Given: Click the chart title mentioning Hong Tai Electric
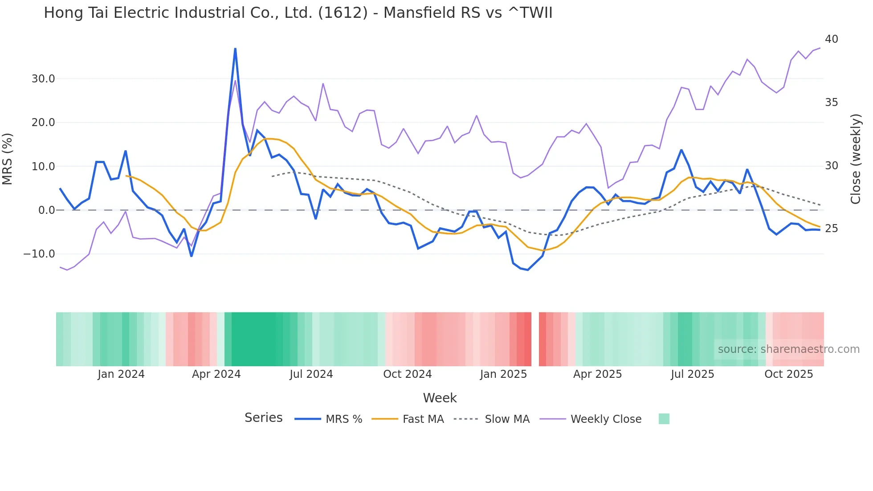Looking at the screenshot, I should pyautogui.click(x=298, y=13).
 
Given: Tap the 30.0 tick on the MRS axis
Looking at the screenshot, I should pyautogui.click(x=43, y=79).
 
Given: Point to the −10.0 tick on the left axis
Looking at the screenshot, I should pyautogui.click(x=39, y=254).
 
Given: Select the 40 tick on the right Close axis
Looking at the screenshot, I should pyautogui.click(x=831, y=39).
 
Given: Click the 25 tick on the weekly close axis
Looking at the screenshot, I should pyautogui.click(x=831, y=229).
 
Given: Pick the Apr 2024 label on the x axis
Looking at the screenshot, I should pyautogui.click(x=216, y=374).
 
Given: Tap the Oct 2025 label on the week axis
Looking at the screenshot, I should pyautogui.click(x=788, y=374).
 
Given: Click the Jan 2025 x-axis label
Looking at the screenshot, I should pyautogui.click(x=503, y=374).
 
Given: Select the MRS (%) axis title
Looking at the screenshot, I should pyautogui.click(x=8, y=159).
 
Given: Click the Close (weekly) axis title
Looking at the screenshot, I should pyautogui.click(x=855, y=159).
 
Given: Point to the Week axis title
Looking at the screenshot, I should pyautogui.click(x=440, y=398).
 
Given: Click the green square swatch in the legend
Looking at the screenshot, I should pyautogui.click(x=664, y=419).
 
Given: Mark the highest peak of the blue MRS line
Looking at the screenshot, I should pyautogui.click(x=235, y=49).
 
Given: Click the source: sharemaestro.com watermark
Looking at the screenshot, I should pyautogui.click(x=788, y=349).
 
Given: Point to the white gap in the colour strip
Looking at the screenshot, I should pyautogui.click(x=535, y=339).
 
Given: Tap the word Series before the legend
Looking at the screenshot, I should pyautogui.click(x=263, y=418).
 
